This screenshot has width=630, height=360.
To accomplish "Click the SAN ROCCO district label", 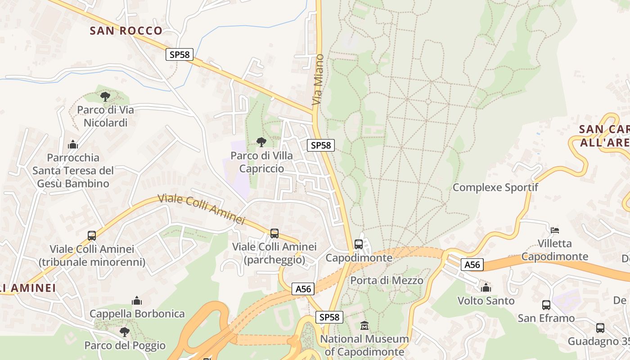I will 126,31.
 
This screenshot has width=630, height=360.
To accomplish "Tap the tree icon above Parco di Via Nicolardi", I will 105,96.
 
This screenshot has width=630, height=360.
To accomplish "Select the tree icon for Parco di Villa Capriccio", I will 261,142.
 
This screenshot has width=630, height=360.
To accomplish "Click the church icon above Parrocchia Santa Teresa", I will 72,144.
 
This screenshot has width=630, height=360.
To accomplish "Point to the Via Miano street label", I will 318,80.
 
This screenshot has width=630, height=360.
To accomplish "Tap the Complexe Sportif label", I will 495,187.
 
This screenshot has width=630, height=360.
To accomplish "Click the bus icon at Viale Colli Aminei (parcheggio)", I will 274,234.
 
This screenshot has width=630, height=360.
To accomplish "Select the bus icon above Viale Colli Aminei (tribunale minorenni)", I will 92,235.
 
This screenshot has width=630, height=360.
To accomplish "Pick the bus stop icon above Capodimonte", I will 359,244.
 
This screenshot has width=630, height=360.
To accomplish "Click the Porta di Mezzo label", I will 387,280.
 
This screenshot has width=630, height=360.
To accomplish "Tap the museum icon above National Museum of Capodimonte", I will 364,325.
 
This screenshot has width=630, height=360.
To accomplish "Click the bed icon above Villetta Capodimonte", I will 555,230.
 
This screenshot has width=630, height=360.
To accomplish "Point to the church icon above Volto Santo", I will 486,287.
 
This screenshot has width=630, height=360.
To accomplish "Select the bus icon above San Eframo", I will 546,305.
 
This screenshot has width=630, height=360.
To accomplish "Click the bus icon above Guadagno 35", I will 600,328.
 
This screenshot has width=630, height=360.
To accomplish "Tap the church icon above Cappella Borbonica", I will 137,301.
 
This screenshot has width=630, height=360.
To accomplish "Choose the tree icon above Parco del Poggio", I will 125,332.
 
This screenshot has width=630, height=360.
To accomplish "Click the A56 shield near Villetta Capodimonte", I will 472,265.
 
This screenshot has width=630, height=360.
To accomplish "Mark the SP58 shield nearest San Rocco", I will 180,54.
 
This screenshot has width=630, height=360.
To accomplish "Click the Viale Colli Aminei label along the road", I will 201,209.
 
